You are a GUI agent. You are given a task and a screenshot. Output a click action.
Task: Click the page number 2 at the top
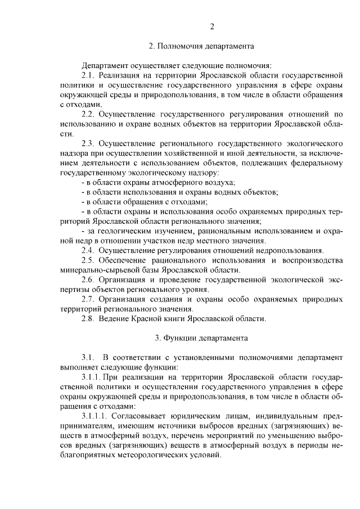point(212,26)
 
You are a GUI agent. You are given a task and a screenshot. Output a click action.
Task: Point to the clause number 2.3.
point(88,143)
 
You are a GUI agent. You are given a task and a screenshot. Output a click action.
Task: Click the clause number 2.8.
point(88,318)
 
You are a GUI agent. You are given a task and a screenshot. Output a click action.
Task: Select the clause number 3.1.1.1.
point(94,416)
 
